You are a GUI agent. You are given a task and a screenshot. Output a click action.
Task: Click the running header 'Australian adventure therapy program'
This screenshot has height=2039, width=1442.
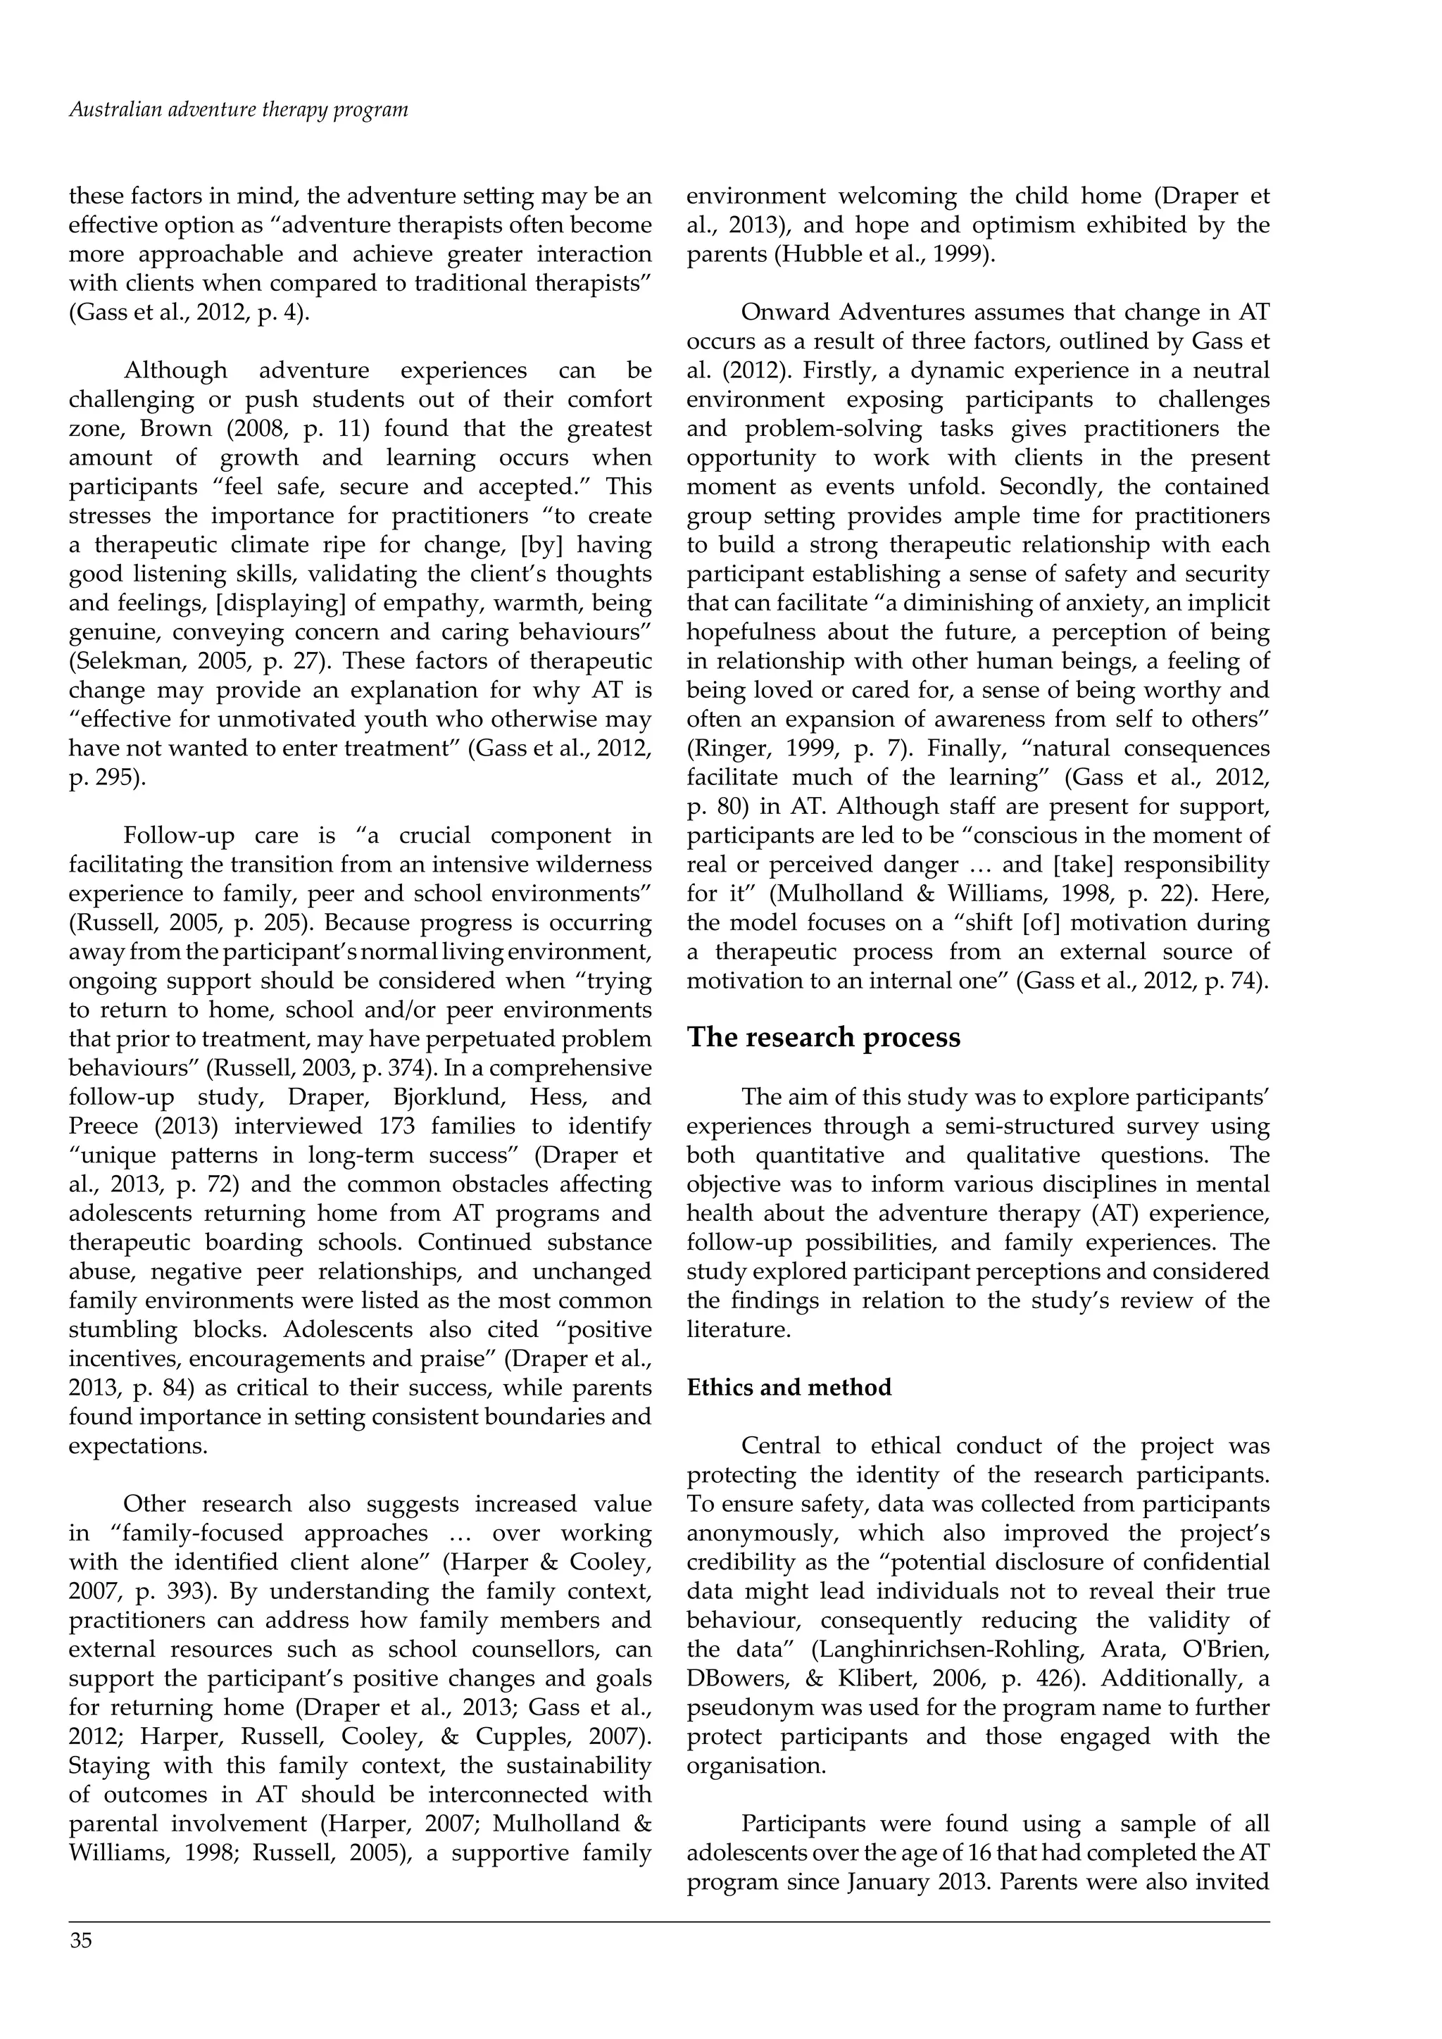click(238, 110)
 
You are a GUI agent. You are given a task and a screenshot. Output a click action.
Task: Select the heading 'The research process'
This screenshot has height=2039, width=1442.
click(823, 1037)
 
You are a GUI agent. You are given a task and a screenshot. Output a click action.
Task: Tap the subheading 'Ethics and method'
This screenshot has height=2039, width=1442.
click(789, 1387)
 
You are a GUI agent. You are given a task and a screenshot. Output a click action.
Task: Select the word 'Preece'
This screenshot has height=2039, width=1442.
click(103, 1126)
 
